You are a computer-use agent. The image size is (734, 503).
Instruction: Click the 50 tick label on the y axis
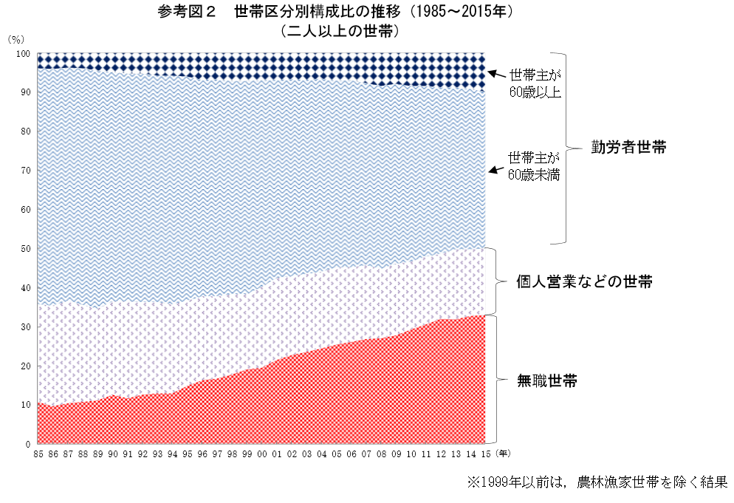click(26, 249)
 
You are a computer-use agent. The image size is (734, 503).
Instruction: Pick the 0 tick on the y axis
click(28, 444)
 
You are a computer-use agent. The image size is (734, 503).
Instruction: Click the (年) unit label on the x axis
click(502, 454)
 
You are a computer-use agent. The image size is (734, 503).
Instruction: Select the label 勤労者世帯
click(628, 147)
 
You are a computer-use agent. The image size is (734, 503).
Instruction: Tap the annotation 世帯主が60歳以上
click(535, 83)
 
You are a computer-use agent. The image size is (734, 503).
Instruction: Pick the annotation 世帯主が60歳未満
click(534, 166)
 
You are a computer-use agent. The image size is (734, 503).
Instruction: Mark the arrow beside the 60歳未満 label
click(495, 171)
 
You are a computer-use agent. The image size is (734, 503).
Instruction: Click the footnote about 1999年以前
click(597, 482)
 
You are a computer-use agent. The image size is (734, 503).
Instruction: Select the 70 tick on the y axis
click(26, 171)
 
